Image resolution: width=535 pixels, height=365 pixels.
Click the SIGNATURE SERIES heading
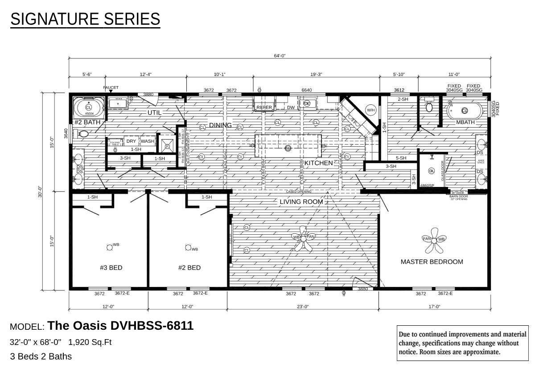click(85, 19)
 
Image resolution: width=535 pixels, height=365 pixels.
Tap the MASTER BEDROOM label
click(432, 262)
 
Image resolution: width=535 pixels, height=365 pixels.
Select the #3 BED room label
click(111, 268)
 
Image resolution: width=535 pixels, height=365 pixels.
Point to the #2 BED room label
click(189, 268)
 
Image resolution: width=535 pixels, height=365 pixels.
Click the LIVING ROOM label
click(301, 202)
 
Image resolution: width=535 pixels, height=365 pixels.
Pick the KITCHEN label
click(318, 163)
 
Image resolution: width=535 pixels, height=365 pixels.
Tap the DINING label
click(220, 125)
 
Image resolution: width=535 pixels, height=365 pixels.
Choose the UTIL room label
click(154, 113)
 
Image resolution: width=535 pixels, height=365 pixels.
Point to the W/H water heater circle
click(370, 110)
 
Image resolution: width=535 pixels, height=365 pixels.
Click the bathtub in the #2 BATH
click(88, 108)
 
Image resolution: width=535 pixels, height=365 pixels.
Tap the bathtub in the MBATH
click(465, 110)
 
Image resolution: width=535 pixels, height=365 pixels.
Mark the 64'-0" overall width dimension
click(280, 56)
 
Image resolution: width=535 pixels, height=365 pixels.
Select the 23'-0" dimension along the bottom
click(303, 307)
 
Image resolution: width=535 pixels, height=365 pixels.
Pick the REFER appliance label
click(264, 108)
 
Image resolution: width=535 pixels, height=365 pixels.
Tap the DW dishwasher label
click(290, 108)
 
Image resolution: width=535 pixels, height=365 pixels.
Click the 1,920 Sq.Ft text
click(90, 342)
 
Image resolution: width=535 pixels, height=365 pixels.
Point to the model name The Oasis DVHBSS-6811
click(120, 326)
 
